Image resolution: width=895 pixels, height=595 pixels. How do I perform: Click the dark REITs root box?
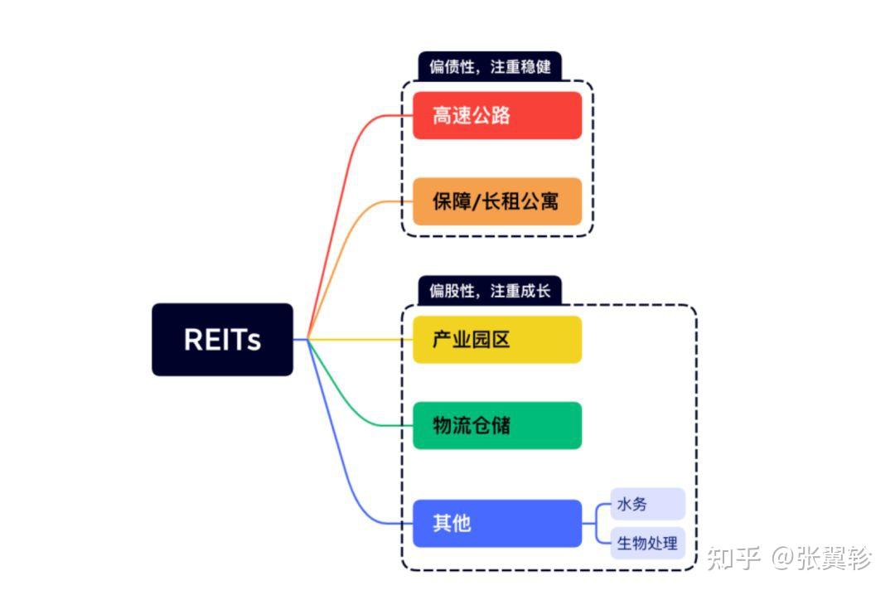click(x=222, y=340)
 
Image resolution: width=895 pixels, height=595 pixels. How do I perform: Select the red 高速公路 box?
click(x=497, y=115)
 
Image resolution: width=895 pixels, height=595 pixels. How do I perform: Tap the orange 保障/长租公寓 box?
click(x=497, y=201)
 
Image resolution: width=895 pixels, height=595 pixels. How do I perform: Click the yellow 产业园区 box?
click(x=497, y=339)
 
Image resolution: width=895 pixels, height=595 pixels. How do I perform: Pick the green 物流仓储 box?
click(x=497, y=425)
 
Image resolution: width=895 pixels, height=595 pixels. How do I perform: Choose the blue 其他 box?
click(x=497, y=523)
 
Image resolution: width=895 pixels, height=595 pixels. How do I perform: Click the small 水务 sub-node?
click(x=647, y=504)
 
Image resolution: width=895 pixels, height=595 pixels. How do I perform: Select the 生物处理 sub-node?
click(x=647, y=544)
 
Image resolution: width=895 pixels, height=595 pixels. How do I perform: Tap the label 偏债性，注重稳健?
click(x=490, y=66)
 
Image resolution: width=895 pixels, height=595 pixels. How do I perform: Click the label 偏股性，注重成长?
click(x=490, y=291)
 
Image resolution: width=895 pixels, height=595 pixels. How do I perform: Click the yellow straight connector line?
click(x=365, y=339)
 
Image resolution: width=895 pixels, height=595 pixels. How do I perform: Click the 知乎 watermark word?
click(x=733, y=558)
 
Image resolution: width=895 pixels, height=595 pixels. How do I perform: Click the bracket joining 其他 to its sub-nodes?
click(x=597, y=523)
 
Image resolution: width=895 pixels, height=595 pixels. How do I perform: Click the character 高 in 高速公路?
click(x=442, y=115)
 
